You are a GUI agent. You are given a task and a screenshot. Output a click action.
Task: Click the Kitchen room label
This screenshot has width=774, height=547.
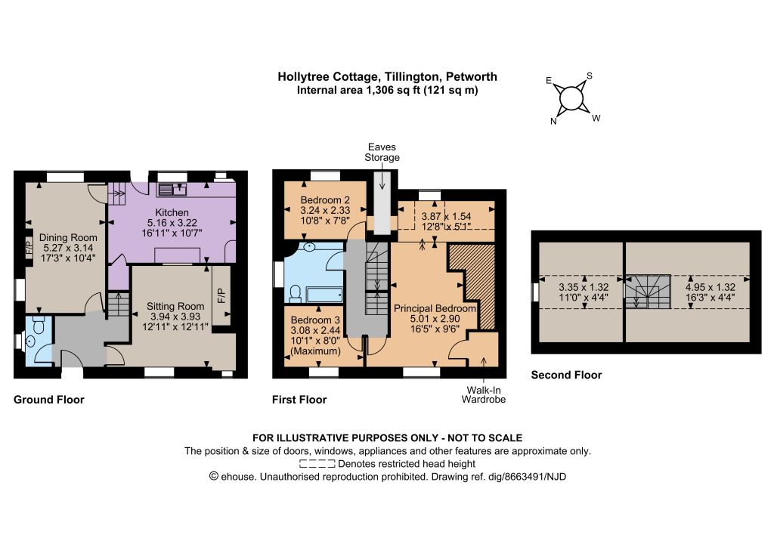click(172, 212)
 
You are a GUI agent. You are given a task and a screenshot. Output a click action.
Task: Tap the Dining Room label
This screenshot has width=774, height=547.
click(68, 237)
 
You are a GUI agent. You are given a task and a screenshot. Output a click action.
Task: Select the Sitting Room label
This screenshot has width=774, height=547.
click(175, 306)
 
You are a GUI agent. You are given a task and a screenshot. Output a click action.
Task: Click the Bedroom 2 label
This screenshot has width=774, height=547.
click(325, 199)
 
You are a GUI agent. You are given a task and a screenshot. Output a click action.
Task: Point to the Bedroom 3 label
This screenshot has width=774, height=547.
click(315, 320)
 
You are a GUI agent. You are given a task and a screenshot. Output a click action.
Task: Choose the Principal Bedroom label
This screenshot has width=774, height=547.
click(435, 308)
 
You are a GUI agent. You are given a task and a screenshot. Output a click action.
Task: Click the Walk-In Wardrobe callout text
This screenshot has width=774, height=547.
click(484, 394)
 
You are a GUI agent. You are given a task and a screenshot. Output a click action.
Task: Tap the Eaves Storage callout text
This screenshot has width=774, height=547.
click(382, 152)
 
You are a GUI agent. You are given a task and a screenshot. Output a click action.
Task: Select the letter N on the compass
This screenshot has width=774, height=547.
click(553, 122)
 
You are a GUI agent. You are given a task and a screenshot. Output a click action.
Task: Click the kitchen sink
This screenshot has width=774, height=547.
click(172, 190)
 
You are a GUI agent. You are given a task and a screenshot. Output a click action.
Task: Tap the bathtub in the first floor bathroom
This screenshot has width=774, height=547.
click(324, 295)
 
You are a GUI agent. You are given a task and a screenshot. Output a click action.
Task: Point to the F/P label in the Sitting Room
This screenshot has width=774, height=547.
click(221, 295)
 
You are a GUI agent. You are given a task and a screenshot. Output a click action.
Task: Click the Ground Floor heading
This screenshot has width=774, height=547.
click(49, 400)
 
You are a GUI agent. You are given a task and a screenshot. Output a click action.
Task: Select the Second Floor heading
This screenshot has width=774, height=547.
click(566, 375)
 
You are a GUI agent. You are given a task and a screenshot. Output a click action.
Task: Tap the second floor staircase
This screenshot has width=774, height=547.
click(648, 292)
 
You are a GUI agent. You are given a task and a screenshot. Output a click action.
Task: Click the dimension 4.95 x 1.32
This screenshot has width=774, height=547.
click(711, 287)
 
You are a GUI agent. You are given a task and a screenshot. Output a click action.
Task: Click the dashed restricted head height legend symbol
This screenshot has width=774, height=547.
click(317, 464)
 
